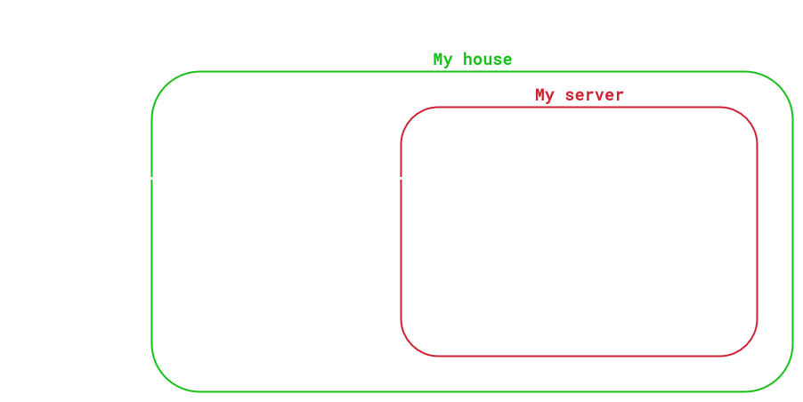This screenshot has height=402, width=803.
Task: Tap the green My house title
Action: coord(472,60)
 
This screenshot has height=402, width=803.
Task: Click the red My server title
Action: coord(579,95)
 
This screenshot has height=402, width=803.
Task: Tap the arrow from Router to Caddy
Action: coord(401,179)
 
